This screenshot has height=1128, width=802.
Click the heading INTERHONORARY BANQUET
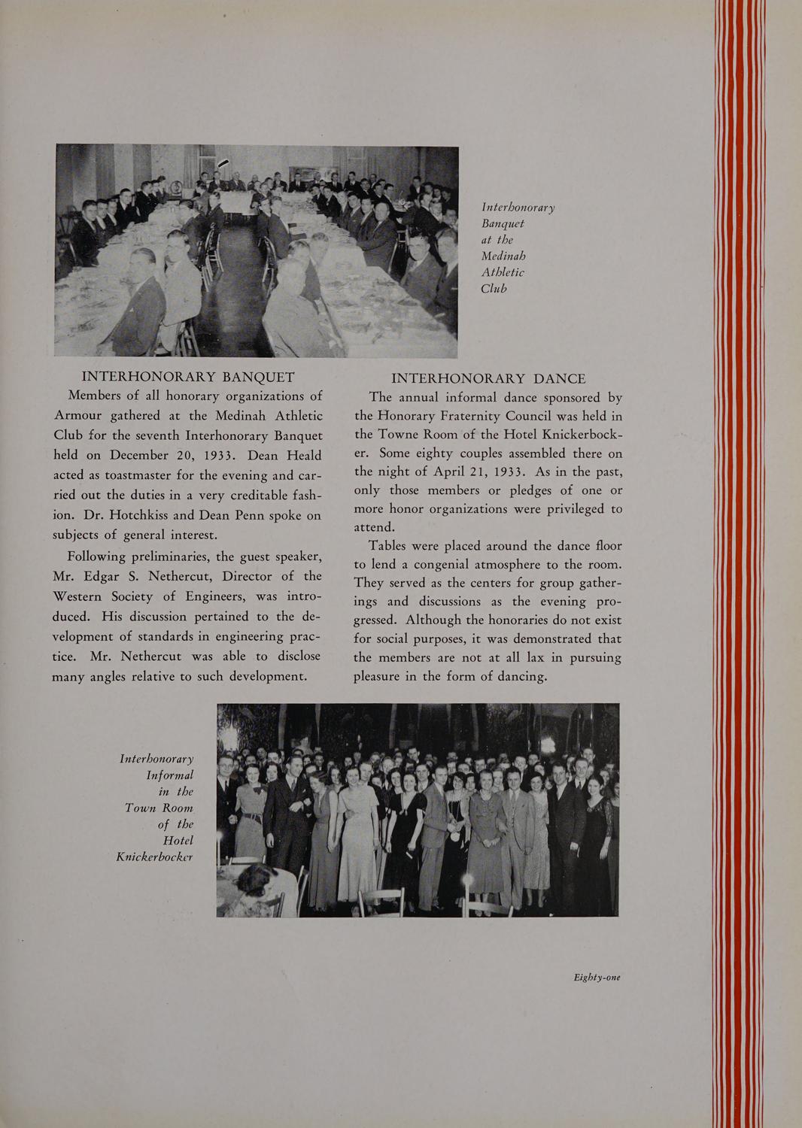coord(187,377)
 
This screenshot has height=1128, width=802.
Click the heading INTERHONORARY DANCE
coord(488,378)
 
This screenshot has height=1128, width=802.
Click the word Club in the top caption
coord(494,289)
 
